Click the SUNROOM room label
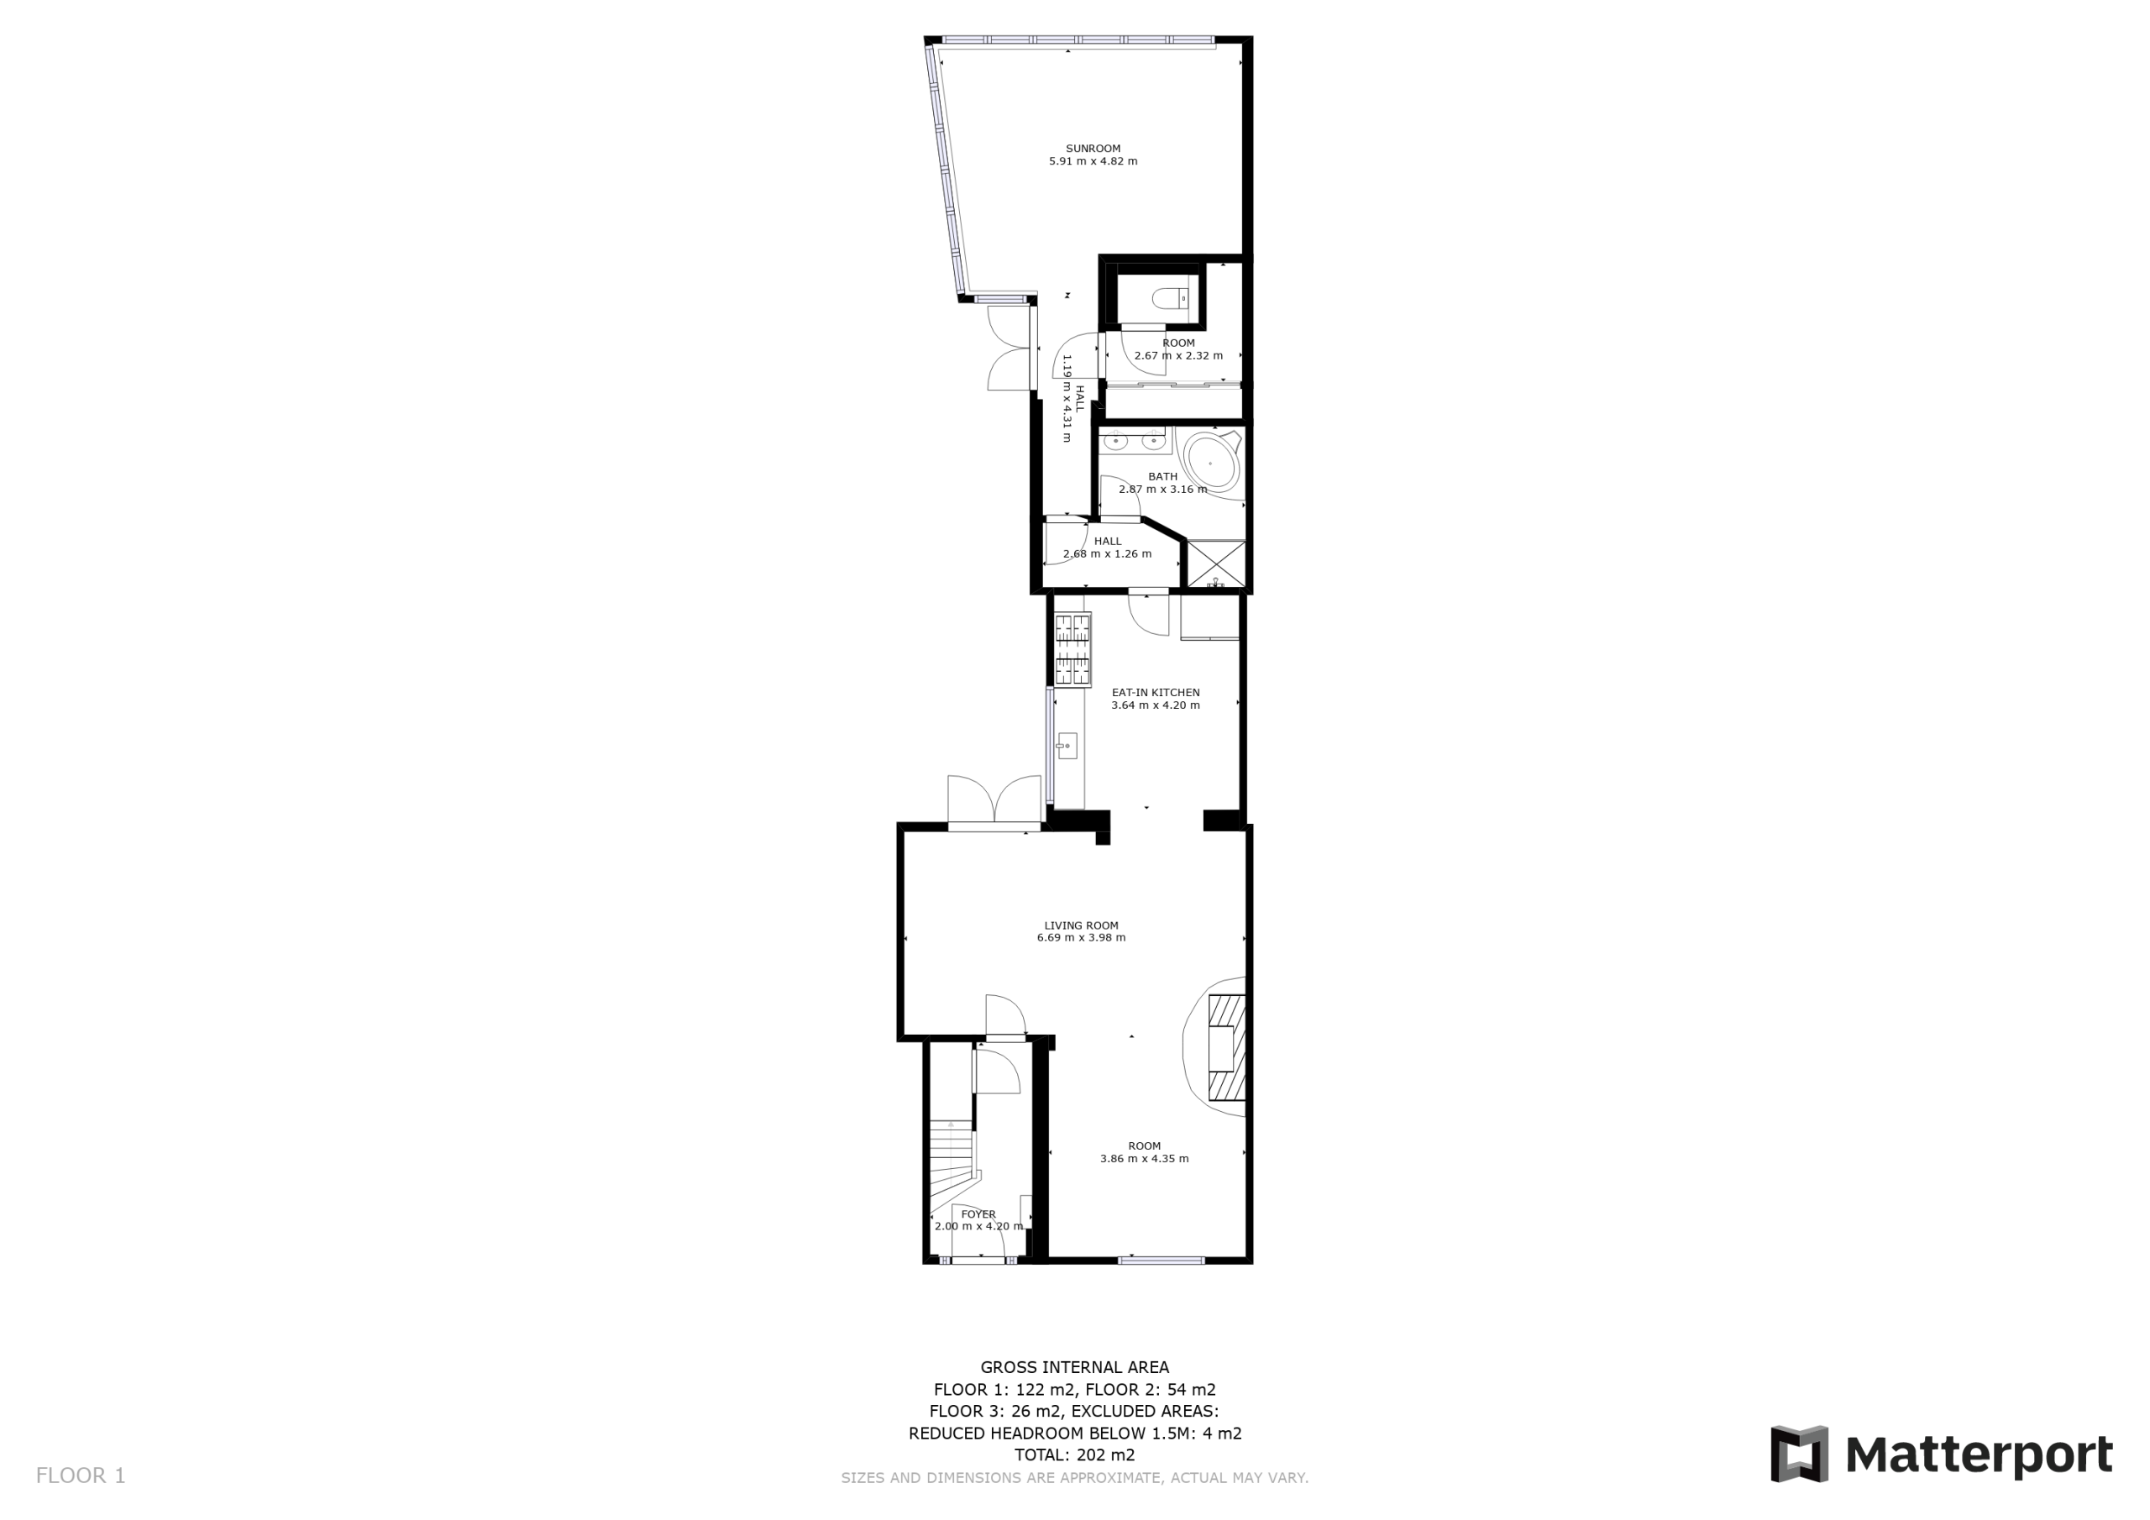click(x=1093, y=148)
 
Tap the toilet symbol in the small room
click(x=1170, y=299)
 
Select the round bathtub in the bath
click(x=1212, y=463)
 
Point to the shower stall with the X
click(x=1216, y=563)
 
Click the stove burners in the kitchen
click(x=1073, y=649)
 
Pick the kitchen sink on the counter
click(x=1067, y=746)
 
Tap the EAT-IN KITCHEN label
click(x=1156, y=692)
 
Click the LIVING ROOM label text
click(x=1082, y=925)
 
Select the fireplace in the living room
click(x=1226, y=1047)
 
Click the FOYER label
click(x=978, y=1214)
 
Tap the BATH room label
click(x=1163, y=477)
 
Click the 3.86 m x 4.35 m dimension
click(x=1145, y=1159)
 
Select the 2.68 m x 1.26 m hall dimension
click(x=1108, y=553)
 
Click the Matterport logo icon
click(x=1799, y=1454)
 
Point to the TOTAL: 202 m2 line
click(x=1075, y=1454)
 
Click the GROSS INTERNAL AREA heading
click(x=1075, y=1367)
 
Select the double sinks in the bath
click(x=1134, y=441)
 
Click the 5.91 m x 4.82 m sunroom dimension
click(x=1093, y=161)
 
